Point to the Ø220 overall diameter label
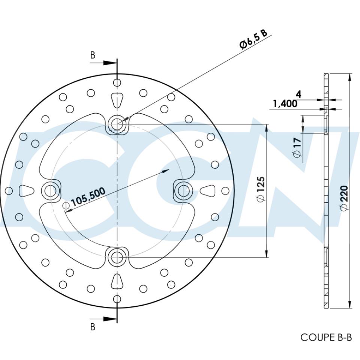click(x=345, y=198)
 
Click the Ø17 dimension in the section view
click(x=297, y=147)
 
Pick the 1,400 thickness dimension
click(x=285, y=104)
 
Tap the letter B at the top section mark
click(x=93, y=55)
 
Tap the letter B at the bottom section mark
click(x=93, y=327)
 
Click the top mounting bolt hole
click(x=117, y=123)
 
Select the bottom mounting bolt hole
click(x=117, y=257)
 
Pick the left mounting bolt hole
click(x=50, y=190)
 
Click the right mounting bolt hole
click(x=184, y=190)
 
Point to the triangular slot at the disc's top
click(x=117, y=99)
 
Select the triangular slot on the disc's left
click(x=27, y=190)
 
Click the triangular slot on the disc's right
click(x=207, y=190)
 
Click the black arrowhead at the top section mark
click(x=109, y=63)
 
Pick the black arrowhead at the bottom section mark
click(x=109, y=319)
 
